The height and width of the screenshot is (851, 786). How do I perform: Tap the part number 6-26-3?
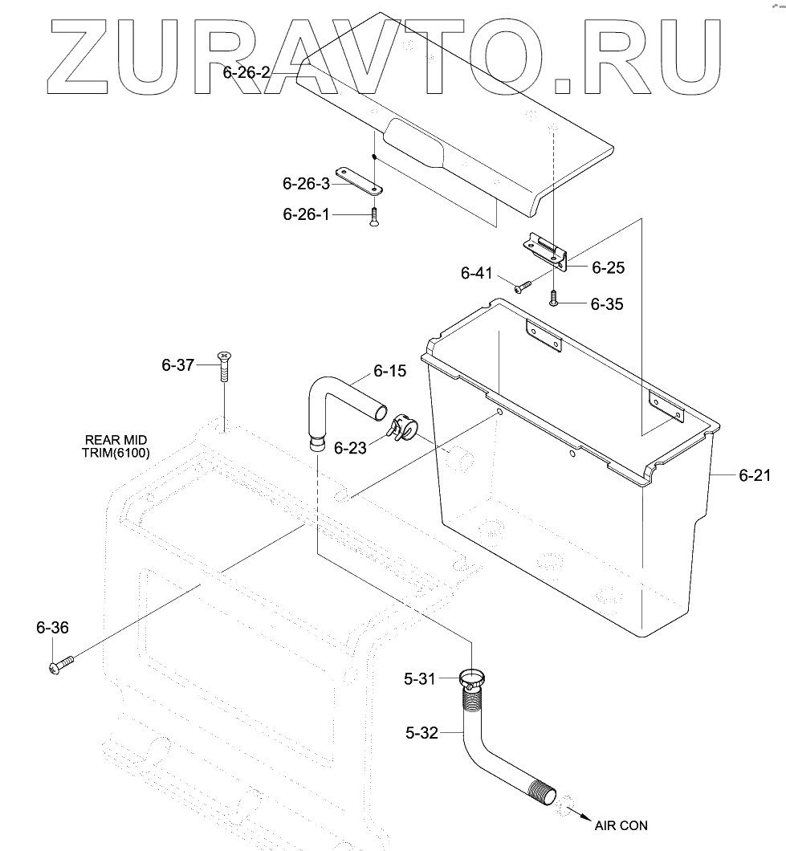click(306, 183)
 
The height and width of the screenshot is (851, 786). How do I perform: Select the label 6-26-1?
click(306, 214)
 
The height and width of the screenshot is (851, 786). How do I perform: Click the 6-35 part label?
click(606, 304)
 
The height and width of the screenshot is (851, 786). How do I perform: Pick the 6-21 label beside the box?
click(755, 475)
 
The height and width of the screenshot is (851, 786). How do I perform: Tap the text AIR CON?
click(621, 825)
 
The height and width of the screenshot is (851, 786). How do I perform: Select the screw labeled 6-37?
click(224, 369)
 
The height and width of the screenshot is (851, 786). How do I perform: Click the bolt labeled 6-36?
click(61, 664)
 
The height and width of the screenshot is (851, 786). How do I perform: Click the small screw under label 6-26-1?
click(374, 217)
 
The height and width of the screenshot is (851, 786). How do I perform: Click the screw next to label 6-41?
click(523, 283)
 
